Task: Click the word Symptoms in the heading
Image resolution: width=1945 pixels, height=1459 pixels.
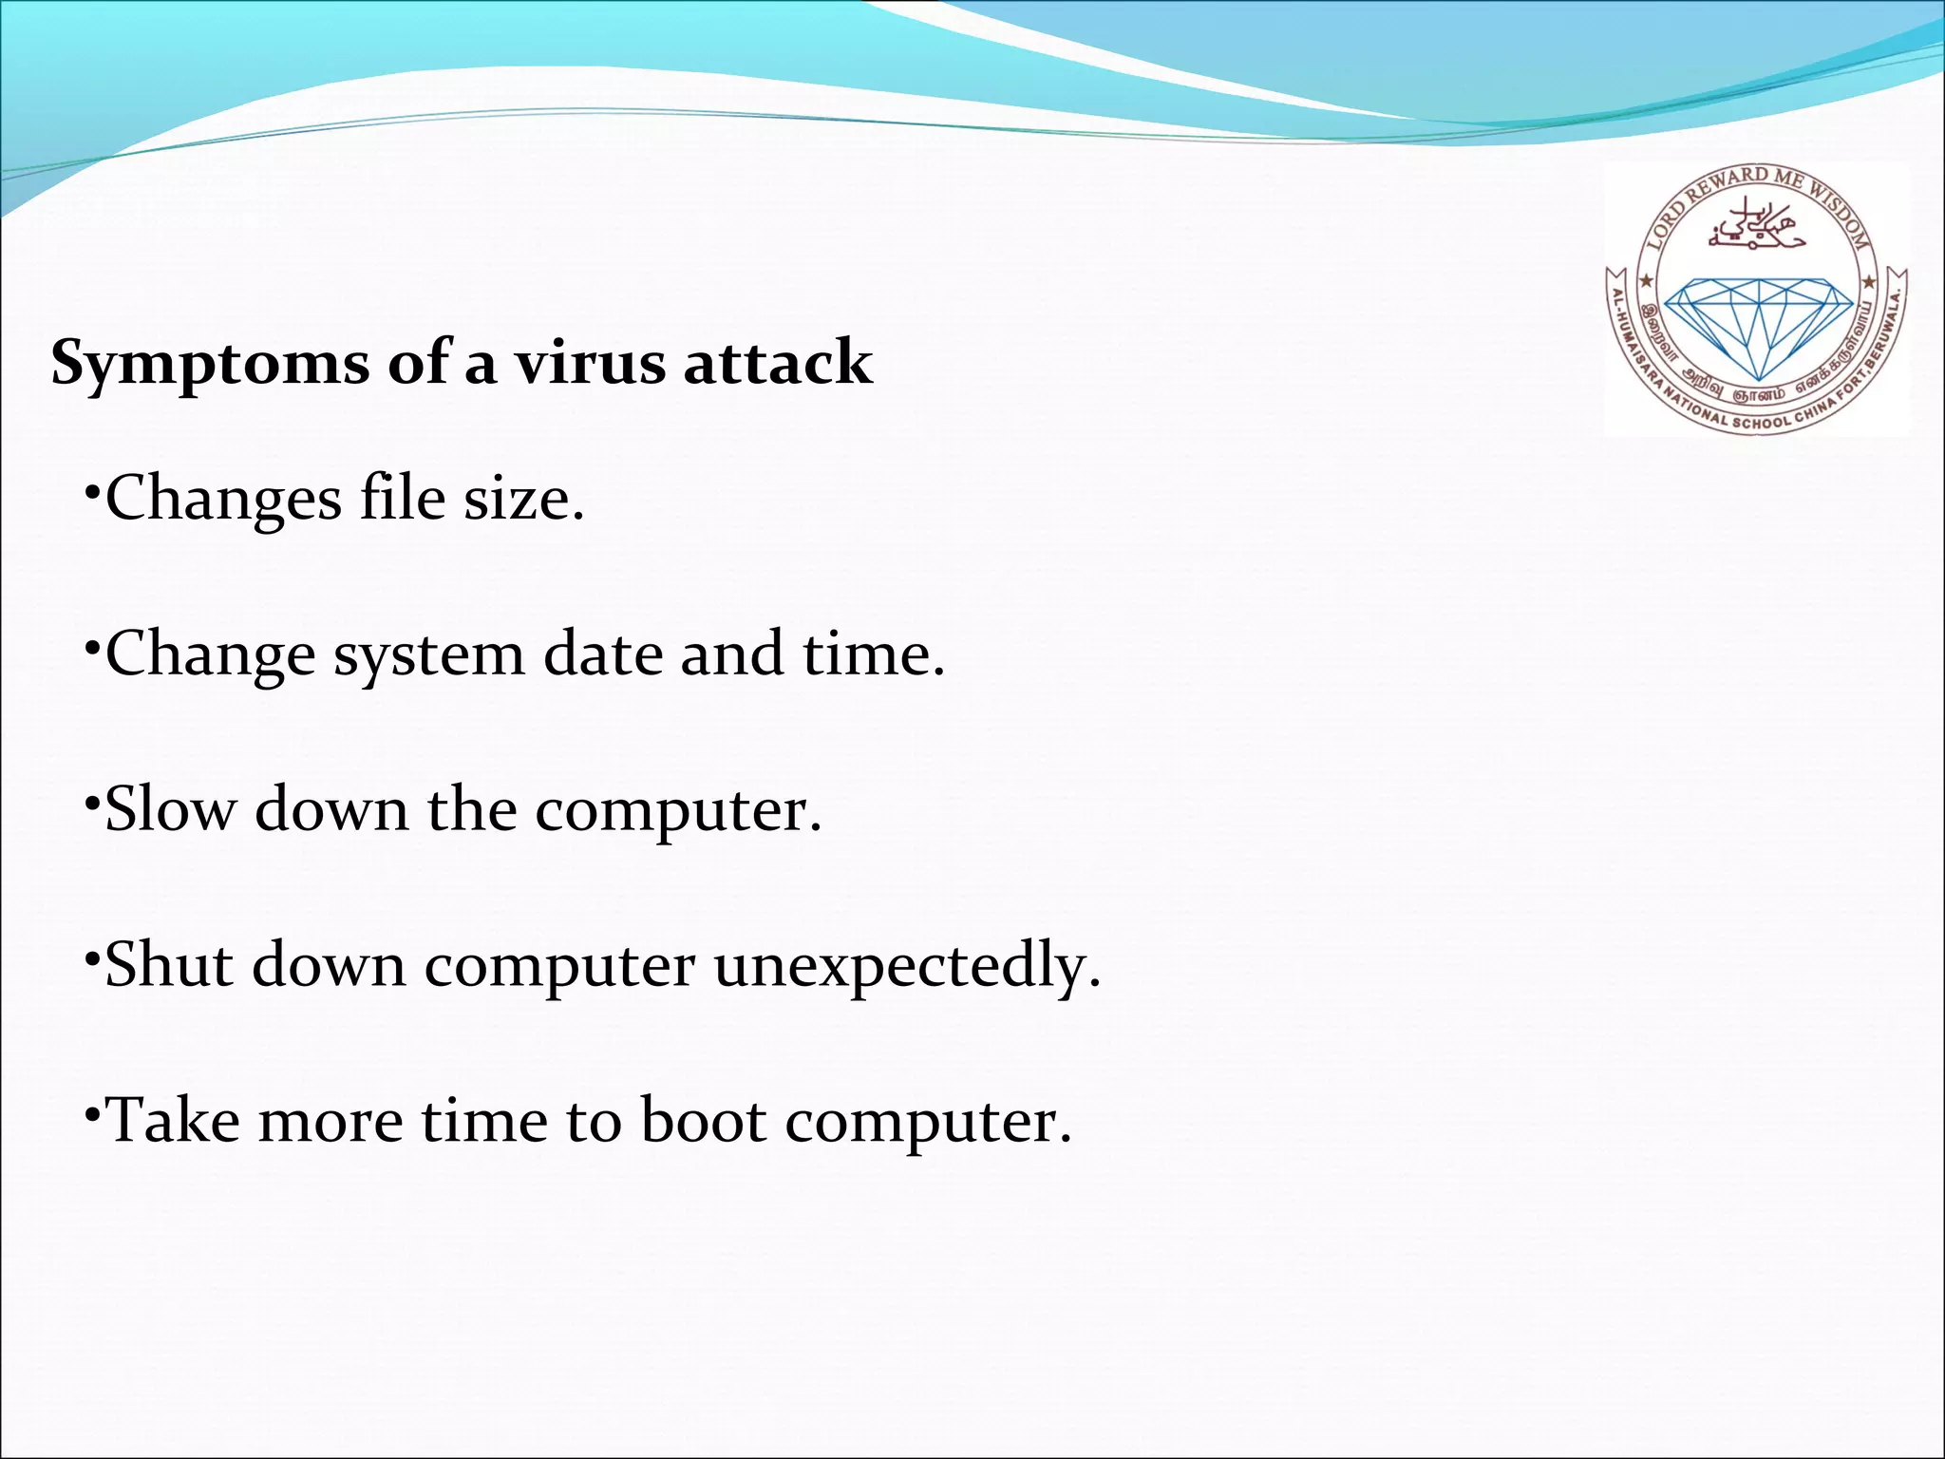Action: click(x=210, y=364)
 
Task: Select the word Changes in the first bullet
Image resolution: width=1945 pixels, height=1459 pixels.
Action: click(x=223, y=499)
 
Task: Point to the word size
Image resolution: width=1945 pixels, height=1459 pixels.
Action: click(x=523, y=499)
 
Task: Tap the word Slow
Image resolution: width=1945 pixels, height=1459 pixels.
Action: click(x=170, y=810)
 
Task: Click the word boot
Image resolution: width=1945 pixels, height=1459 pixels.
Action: click(x=704, y=1121)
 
